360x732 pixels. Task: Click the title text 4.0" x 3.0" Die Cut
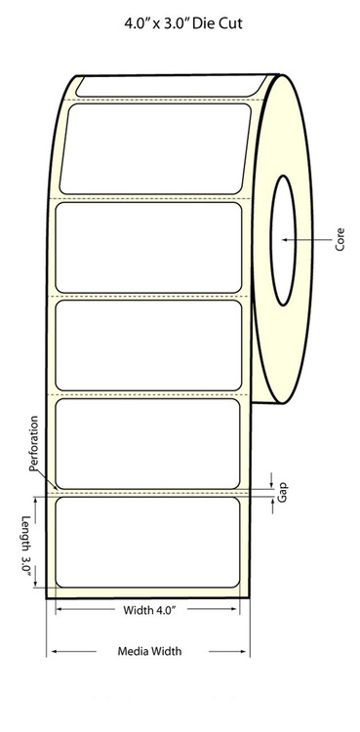183,23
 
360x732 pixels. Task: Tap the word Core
340,239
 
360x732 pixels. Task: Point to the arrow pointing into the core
306,240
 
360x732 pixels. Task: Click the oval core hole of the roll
284,240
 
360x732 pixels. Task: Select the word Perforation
33,443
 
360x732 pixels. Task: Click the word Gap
282,492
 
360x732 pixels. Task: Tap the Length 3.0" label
26,547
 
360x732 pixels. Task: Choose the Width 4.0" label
149,610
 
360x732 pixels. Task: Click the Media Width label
149,651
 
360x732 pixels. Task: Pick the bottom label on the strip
147,542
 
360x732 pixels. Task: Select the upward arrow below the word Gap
273,506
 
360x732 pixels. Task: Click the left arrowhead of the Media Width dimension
55,651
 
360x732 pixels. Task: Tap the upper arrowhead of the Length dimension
36,502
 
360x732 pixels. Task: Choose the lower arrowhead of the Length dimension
36,583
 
